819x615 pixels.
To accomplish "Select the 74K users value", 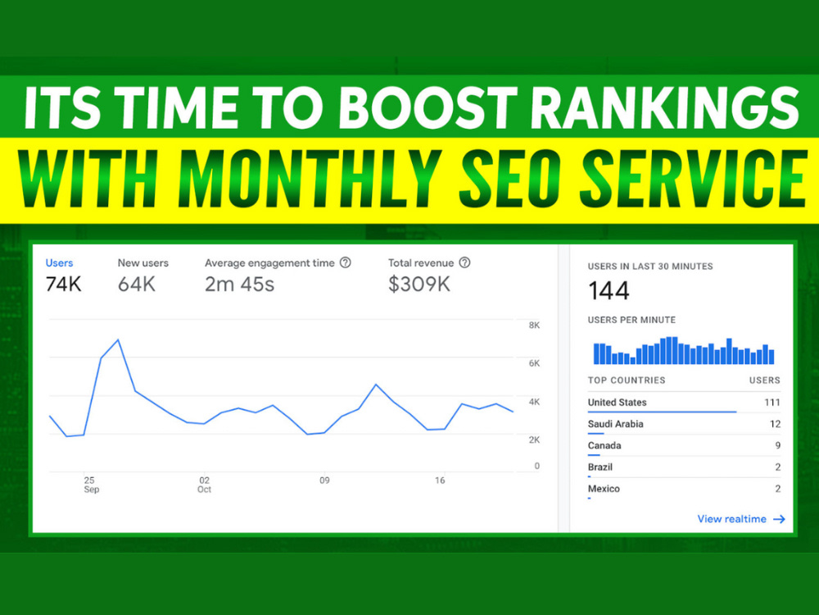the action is coord(63,284).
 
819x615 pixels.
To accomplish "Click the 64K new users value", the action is coord(136,284).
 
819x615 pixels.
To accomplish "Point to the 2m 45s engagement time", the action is coord(239,284).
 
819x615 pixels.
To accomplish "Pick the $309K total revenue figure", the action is coord(419,284).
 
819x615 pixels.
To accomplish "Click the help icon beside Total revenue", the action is coord(464,262).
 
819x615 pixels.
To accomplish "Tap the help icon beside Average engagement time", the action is coord(346,262).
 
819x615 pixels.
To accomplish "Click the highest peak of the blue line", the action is coord(118,340).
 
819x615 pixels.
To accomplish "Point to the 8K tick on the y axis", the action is coord(534,326).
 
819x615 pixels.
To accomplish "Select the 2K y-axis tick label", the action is coord(534,440).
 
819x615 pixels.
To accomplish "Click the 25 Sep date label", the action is coord(91,485).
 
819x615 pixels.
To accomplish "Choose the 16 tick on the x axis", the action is coord(440,480).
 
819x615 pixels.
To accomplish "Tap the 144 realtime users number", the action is coord(609,291).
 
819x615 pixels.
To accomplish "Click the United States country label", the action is coord(617,402).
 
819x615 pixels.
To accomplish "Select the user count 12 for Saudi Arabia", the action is coord(775,424).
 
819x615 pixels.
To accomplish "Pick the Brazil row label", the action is coord(600,467).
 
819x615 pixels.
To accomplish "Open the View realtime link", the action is coord(741,519).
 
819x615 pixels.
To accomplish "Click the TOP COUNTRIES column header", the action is coord(627,380).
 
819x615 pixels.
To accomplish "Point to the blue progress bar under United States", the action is coord(662,412).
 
